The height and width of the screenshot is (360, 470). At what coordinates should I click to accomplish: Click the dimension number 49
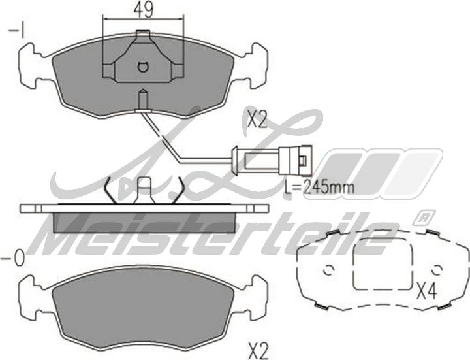click(x=143, y=10)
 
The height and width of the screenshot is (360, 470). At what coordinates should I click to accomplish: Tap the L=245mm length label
click(x=319, y=188)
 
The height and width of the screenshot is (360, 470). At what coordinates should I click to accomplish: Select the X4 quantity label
click(x=428, y=291)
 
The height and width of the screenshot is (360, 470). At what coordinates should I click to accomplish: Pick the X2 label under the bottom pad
click(x=258, y=350)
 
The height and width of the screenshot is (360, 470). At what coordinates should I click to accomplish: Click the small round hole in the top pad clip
click(x=143, y=67)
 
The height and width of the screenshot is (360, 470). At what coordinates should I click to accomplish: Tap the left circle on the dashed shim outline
click(x=328, y=270)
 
